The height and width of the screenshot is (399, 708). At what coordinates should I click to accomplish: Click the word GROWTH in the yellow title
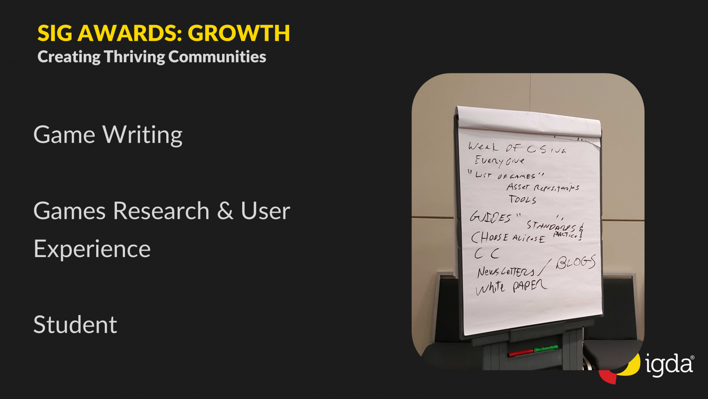(x=239, y=33)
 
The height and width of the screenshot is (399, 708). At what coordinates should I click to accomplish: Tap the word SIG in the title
(x=55, y=33)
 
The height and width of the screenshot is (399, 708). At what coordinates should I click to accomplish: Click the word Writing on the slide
(x=143, y=135)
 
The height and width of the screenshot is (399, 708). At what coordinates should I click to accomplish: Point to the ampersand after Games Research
(x=225, y=211)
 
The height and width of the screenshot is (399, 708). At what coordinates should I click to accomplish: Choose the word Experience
(x=92, y=249)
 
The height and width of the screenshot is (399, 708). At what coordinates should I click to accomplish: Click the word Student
(x=75, y=325)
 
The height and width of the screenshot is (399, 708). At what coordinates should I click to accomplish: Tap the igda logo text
(x=669, y=365)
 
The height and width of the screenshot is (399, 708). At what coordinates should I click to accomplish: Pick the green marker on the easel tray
(x=546, y=348)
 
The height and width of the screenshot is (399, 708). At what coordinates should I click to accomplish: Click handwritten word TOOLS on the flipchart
(x=522, y=200)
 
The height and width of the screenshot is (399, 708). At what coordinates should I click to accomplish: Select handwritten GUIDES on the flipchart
(x=490, y=217)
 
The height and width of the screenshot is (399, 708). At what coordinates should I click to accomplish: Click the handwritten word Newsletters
(x=506, y=272)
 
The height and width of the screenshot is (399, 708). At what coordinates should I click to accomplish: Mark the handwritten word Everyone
(x=499, y=161)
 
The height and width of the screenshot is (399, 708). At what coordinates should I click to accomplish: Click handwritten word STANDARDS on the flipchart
(x=551, y=226)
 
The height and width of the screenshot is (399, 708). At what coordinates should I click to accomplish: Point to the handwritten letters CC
(x=487, y=253)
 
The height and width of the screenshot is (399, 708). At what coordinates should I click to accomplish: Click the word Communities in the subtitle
(x=217, y=57)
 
